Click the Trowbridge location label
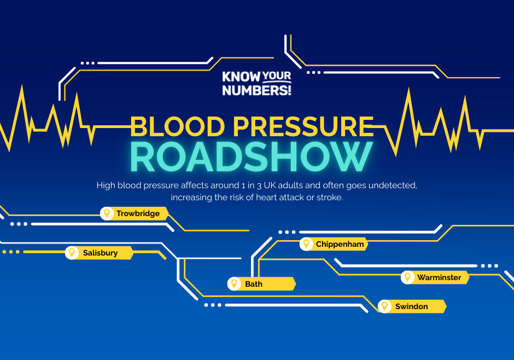tap(138, 213)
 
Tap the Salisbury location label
tap(100, 253)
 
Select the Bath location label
tap(254, 284)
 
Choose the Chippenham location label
tap(340, 244)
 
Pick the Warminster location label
tap(439, 277)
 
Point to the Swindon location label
tap(411, 306)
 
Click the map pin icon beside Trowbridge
tap(107, 213)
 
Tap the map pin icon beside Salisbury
tap(71, 253)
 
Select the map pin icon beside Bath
tap(234, 284)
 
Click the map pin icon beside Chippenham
tap(306, 244)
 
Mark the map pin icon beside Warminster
tap(407, 277)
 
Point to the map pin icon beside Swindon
tap(385, 306)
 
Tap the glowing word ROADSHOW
tap(252, 157)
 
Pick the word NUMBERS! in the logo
tap(256, 90)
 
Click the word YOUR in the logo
tap(276, 77)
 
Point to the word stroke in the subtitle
tap(330, 198)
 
